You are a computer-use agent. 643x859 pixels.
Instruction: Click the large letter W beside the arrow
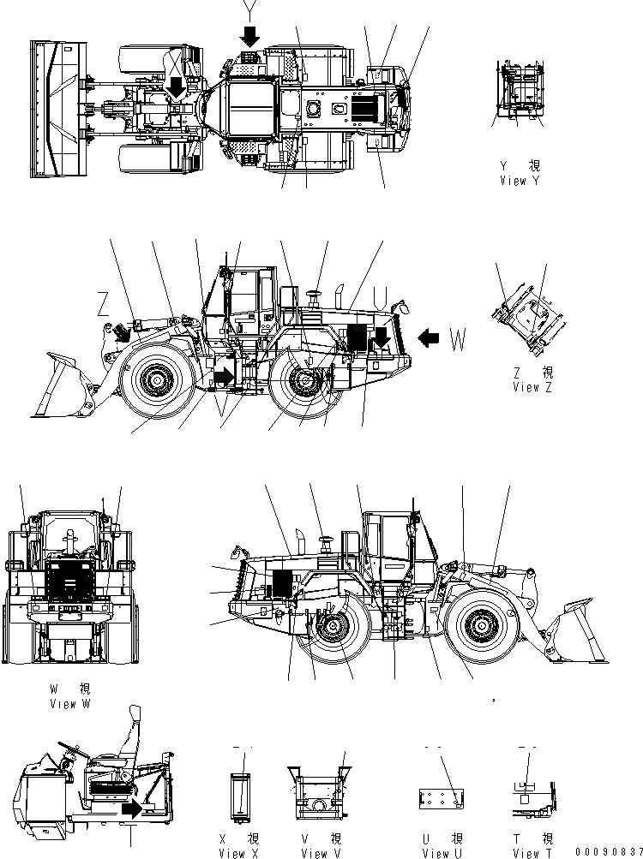point(459,339)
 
